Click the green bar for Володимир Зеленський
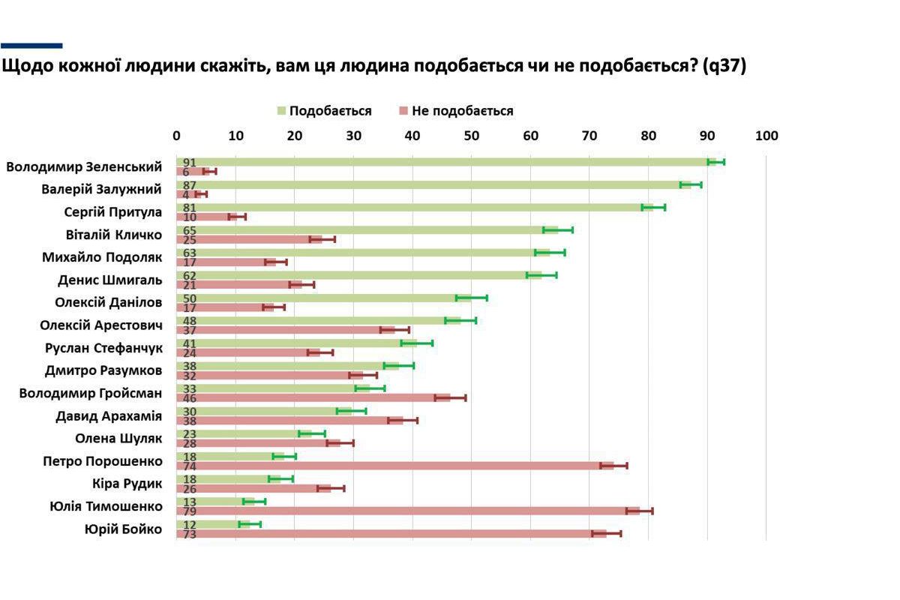pos(442,162)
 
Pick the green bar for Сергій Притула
pos(412,207)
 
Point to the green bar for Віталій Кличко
pos(360,229)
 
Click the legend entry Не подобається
pos(462,111)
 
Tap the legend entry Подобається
pos(330,111)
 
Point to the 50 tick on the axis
pos(471,136)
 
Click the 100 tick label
pos(766,136)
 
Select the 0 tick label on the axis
pos(176,136)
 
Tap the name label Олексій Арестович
pos(100,325)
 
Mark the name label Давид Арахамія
pos(109,416)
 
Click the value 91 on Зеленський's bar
pos(189,162)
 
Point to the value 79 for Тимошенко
pos(189,511)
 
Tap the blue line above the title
pos(31,46)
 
